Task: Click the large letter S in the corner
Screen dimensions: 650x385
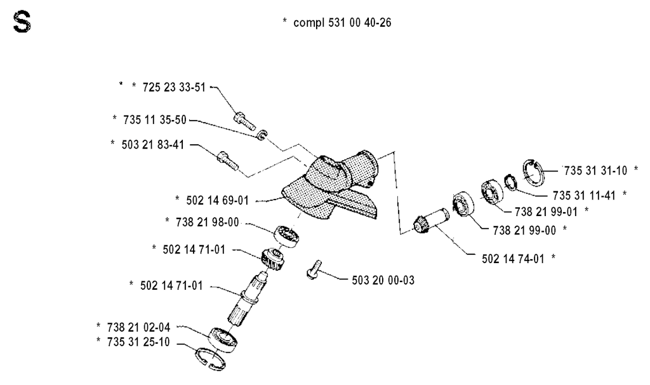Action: [x=22, y=22]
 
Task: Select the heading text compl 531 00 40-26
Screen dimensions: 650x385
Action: [x=342, y=22]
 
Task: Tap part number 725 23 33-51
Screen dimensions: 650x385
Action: [x=174, y=88]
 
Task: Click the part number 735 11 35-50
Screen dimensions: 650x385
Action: [x=155, y=120]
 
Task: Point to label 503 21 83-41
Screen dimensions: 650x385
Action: [x=153, y=145]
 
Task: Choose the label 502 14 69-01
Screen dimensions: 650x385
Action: [x=218, y=201]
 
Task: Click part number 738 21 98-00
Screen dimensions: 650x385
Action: [x=208, y=222]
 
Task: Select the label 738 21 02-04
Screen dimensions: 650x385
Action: [x=138, y=328]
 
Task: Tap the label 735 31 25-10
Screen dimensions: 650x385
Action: [x=138, y=342]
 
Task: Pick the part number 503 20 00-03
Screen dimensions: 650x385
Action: [x=383, y=280]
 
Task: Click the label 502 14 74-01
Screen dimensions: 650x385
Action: [x=513, y=259]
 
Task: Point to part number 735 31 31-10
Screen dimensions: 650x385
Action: [x=595, y=170]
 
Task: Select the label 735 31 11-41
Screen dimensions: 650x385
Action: [x=584, y=196]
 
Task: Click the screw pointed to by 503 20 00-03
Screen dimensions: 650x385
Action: [x=314, y=269]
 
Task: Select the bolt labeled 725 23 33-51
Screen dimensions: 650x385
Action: [x=244, y=121]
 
